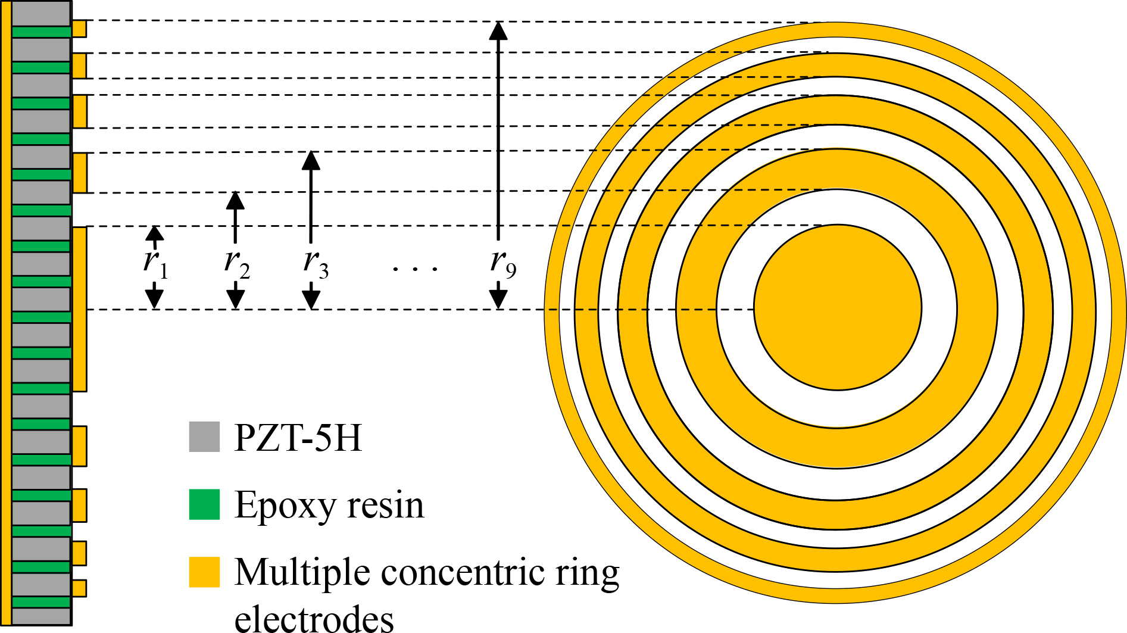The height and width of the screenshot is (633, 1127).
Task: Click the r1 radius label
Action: (155, 264)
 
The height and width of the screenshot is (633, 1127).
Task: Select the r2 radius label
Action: (237, 264)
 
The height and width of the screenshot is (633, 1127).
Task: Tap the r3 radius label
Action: (316, 264)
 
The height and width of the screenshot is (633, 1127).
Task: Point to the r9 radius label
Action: (503, 264)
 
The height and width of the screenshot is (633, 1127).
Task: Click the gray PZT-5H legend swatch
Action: (204, 436)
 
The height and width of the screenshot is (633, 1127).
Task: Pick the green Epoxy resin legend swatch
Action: (204, 504)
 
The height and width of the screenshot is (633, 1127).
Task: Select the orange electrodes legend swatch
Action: (204, 572)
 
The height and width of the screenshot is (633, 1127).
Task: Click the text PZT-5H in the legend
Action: (298, 438)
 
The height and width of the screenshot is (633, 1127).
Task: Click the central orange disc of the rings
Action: (838, 307)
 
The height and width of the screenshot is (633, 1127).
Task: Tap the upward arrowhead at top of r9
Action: (498, 30)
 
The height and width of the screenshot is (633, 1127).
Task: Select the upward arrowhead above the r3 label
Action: (311, 161)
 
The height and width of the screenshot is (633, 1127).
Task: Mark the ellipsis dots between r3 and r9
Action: (416, 269)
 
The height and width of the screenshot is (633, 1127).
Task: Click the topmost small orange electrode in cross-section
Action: (79, 29)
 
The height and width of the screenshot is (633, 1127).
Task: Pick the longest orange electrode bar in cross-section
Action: (79, 309)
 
